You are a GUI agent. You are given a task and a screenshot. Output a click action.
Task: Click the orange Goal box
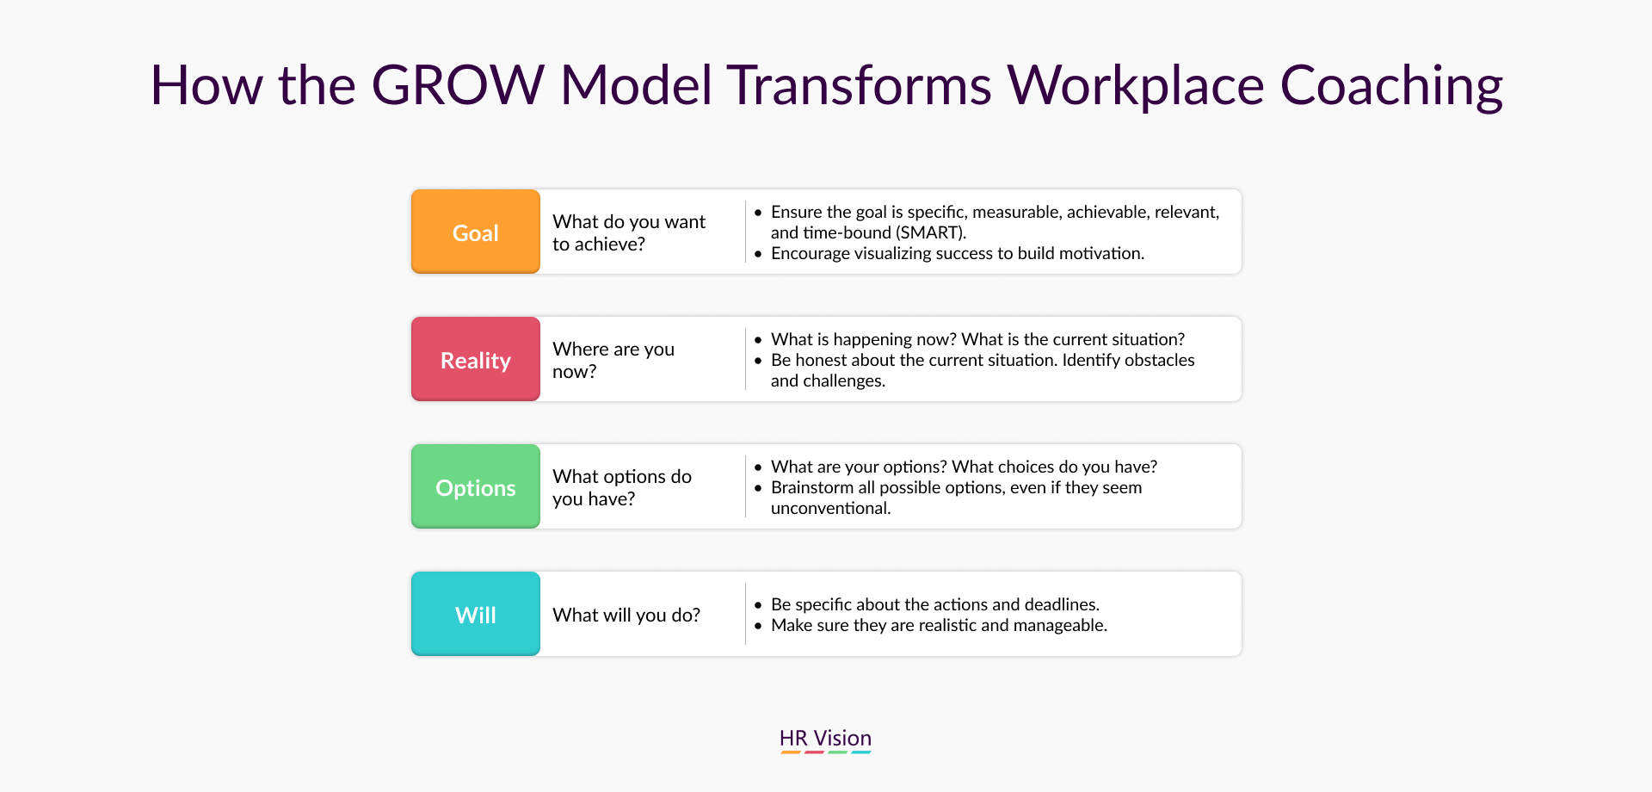click(x=476, y=232)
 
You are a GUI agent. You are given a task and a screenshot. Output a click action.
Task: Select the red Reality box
click(x=476, y=359)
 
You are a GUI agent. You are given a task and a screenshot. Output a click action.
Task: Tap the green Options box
click(x=476, y=486)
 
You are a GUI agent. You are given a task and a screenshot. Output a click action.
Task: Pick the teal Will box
click(x=476, y=614)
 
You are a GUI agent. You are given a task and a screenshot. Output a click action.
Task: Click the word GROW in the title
click(x=458, y=85)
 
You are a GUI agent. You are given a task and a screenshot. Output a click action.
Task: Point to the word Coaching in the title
click(x=1391, y=87)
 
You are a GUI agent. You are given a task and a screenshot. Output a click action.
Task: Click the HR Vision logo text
click(x=825, y=738)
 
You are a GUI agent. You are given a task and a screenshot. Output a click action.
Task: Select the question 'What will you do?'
click(x=626, y=615)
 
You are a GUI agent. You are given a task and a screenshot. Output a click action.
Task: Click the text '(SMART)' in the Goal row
click(x=932, y=232)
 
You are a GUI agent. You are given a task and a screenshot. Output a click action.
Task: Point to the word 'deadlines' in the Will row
click(x=1062, y=604)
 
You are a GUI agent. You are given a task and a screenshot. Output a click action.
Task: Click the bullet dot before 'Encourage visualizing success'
click(x=758, y=254)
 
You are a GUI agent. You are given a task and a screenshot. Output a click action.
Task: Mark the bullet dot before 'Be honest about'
click(x=758, y=361)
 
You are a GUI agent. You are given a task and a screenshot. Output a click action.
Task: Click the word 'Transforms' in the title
click(x=860, y=85)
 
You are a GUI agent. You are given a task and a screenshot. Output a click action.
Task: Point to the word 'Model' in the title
click(x=637, y=85)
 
